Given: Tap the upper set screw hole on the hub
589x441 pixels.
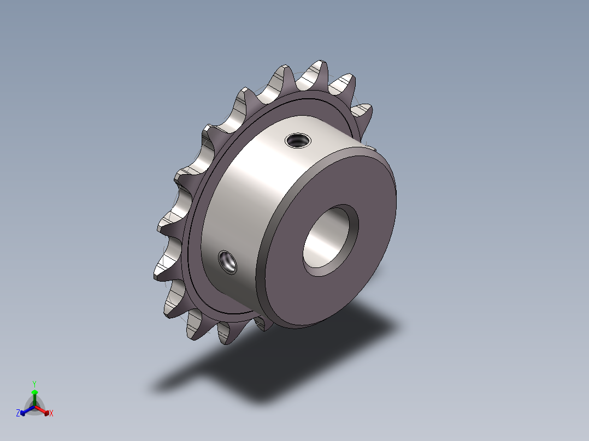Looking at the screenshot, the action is click(x=298, y=141).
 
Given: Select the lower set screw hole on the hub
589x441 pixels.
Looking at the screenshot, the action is click(x=227, y=261).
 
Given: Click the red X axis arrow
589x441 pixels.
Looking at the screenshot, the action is click(x=42, y=410).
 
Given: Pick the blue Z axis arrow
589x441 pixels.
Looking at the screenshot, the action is click(x=27, y=410).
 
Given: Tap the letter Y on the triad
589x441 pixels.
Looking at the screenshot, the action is click(x=34, y=384).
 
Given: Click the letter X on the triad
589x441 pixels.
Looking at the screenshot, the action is click(x=51, y=413).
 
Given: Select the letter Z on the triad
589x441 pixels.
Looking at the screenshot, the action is click(x=18, y=413).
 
